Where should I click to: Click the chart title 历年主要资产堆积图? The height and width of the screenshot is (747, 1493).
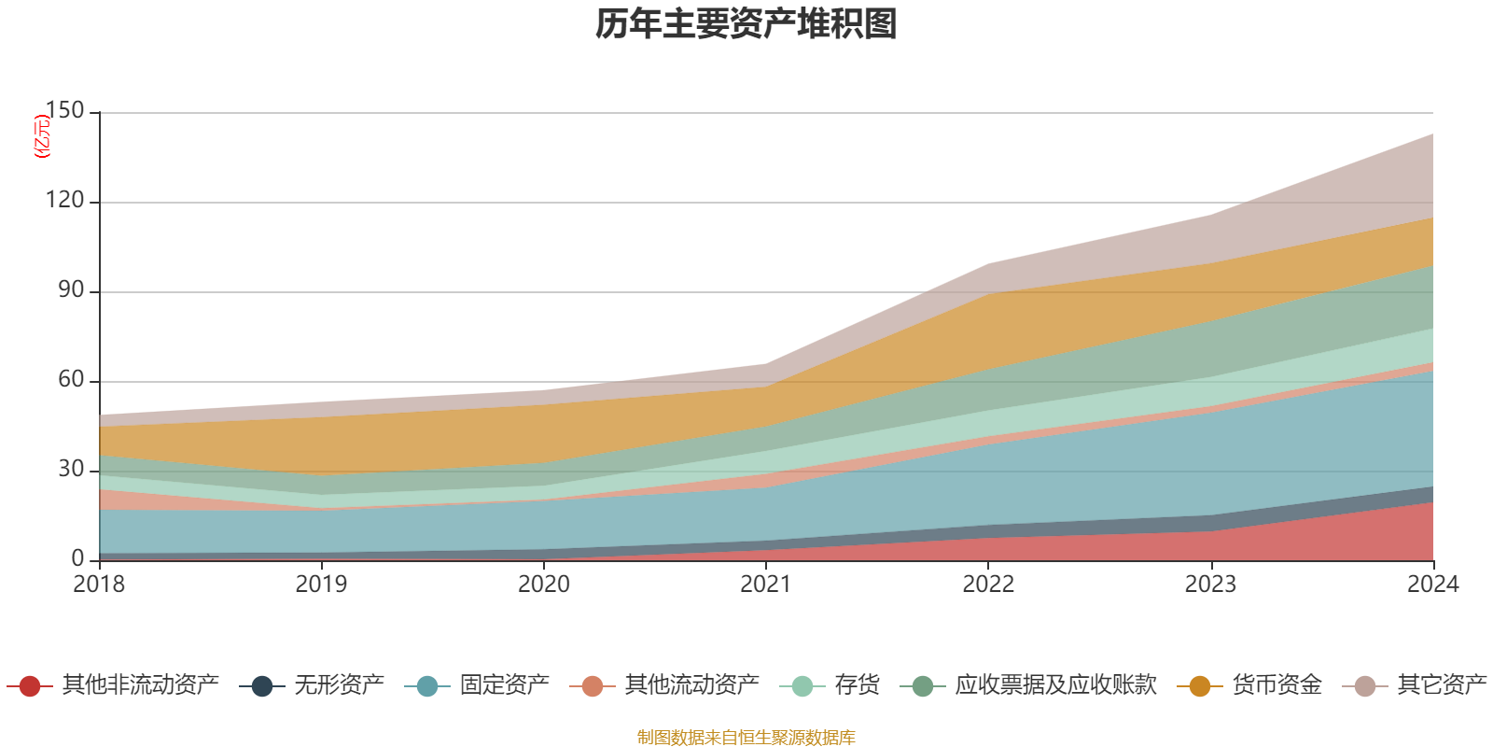(x=746, y=24)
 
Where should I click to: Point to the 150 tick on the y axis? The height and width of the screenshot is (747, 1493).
(x=64, y=111)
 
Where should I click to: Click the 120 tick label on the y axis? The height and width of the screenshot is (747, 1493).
(x=64, y=201)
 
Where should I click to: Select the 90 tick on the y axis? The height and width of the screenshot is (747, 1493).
(x=71, y=290)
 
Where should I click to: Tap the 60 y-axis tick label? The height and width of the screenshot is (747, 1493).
(x=71, y=380)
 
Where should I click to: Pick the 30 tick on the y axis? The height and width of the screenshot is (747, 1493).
(x=71, y=470)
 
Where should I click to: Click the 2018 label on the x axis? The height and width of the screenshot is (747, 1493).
(x=99, y=585)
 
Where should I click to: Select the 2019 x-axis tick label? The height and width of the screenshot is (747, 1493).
(x=321, y=585)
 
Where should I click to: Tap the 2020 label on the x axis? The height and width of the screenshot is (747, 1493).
(x=544, y=585)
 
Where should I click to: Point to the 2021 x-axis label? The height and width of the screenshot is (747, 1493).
(x=766, y=585)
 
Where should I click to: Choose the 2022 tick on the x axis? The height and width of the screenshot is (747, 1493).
(x=988, y=585)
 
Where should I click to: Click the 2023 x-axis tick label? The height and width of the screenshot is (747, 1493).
(x=1210, y=585)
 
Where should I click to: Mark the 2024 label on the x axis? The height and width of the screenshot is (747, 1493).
(x=1432, y=585)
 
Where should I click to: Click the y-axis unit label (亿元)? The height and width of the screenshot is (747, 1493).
(x=42, y=136)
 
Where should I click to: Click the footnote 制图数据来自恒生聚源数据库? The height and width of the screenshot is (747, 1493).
(x=746, y=738)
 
